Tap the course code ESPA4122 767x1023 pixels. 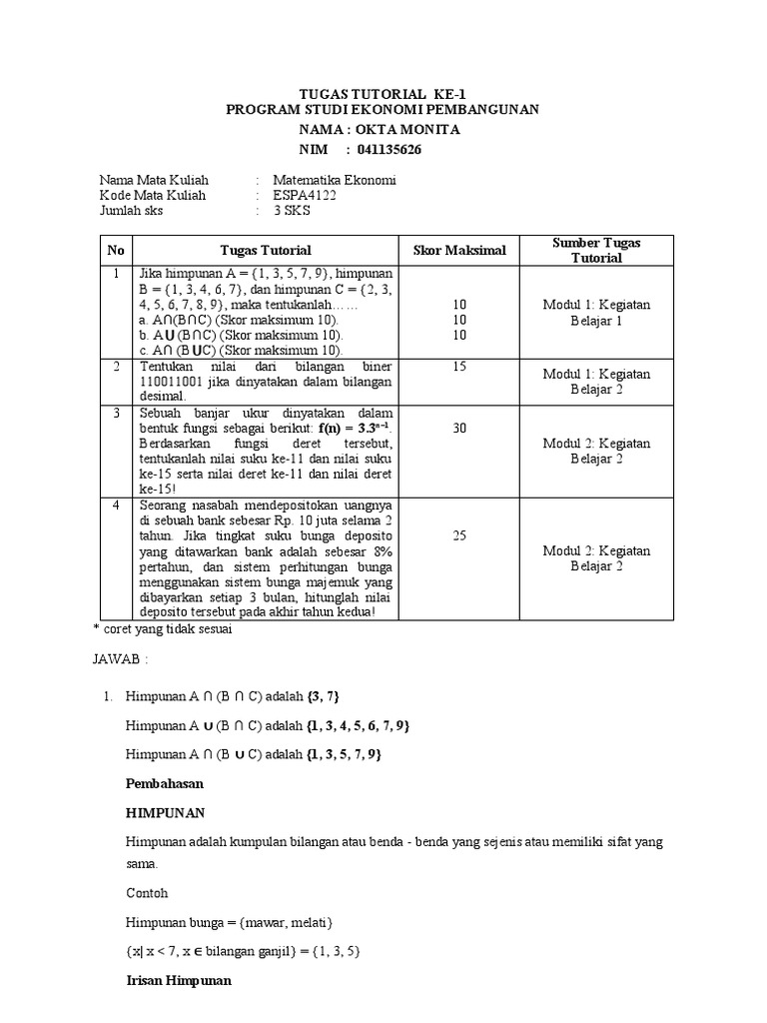point(305,195)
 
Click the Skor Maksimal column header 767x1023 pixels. point(459,250)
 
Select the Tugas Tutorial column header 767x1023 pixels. point(266,250)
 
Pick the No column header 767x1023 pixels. point(116,250)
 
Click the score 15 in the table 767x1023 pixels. point(459,367)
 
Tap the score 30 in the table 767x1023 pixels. point(459,428)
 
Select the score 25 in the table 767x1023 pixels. point(459,535)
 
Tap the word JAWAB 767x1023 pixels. point(117,659)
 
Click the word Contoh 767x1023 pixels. point(147,892)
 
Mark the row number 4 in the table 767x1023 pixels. point(116,506)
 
